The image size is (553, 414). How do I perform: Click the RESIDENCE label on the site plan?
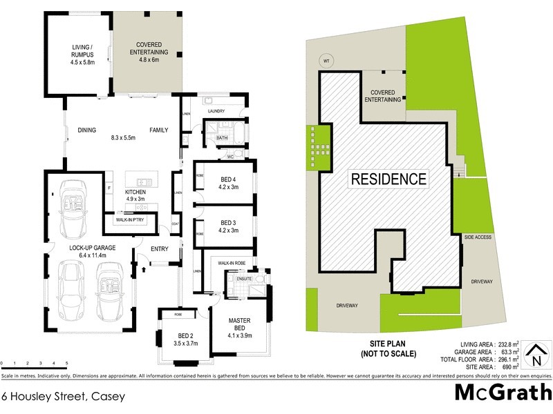389,179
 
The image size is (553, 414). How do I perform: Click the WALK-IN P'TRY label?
129,221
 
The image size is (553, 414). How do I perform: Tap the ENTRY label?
159,249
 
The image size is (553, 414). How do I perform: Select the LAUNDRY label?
215,111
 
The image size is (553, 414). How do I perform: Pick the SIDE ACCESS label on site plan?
478,237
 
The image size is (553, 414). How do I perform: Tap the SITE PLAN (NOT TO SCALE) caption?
388,348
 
